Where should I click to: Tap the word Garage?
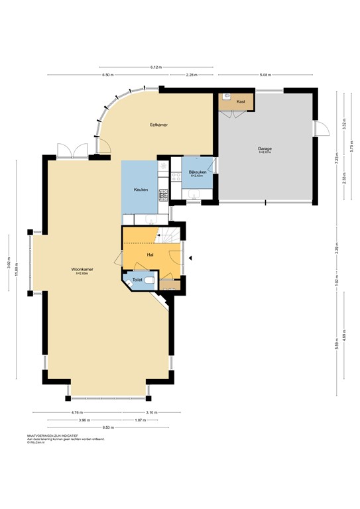[265, 149]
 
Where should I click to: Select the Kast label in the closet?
[241, 101]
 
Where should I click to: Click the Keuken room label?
[140, 190]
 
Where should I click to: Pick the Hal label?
[150, 254]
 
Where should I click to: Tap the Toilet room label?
[137, 280]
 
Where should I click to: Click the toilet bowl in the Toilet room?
[150, 281]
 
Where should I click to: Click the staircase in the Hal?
[168, 235]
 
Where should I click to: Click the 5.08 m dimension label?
[265, 75]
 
